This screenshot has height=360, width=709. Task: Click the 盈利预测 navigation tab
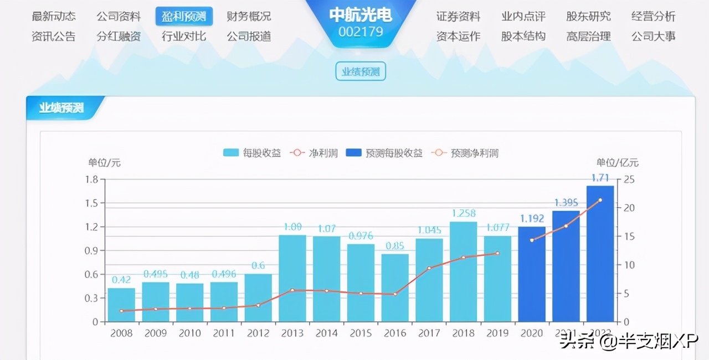coord(184,17)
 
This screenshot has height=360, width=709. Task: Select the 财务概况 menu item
coord(249,17)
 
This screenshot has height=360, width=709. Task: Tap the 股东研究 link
coord(588,17)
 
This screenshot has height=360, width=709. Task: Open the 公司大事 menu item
coord(653,37)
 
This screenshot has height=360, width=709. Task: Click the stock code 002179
coord(361,32)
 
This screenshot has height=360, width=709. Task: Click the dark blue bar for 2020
coord(532,274)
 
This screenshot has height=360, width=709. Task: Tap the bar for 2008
coord(121,305)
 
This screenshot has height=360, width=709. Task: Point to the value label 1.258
coord(464,213)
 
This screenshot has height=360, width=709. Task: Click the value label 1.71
coord(600,178)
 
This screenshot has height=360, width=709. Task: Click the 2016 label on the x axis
coord(395,333)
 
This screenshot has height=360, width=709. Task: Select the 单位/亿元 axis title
coord(617,163)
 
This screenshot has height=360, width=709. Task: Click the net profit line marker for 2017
coord(429,268)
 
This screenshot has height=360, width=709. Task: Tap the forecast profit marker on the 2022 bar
coord(600,200)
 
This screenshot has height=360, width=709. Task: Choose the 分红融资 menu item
coord(119,37)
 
